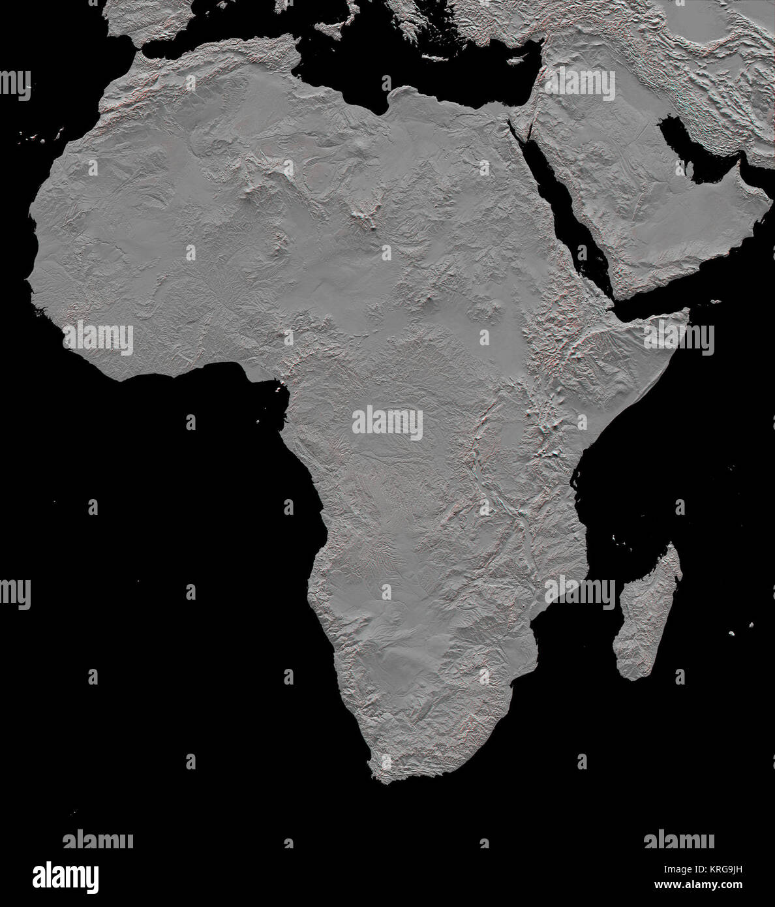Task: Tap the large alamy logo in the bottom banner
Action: (x=65, y=876)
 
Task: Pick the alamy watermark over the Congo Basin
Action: (x=387, y=423)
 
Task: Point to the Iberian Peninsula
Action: (x=147, y=16)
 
